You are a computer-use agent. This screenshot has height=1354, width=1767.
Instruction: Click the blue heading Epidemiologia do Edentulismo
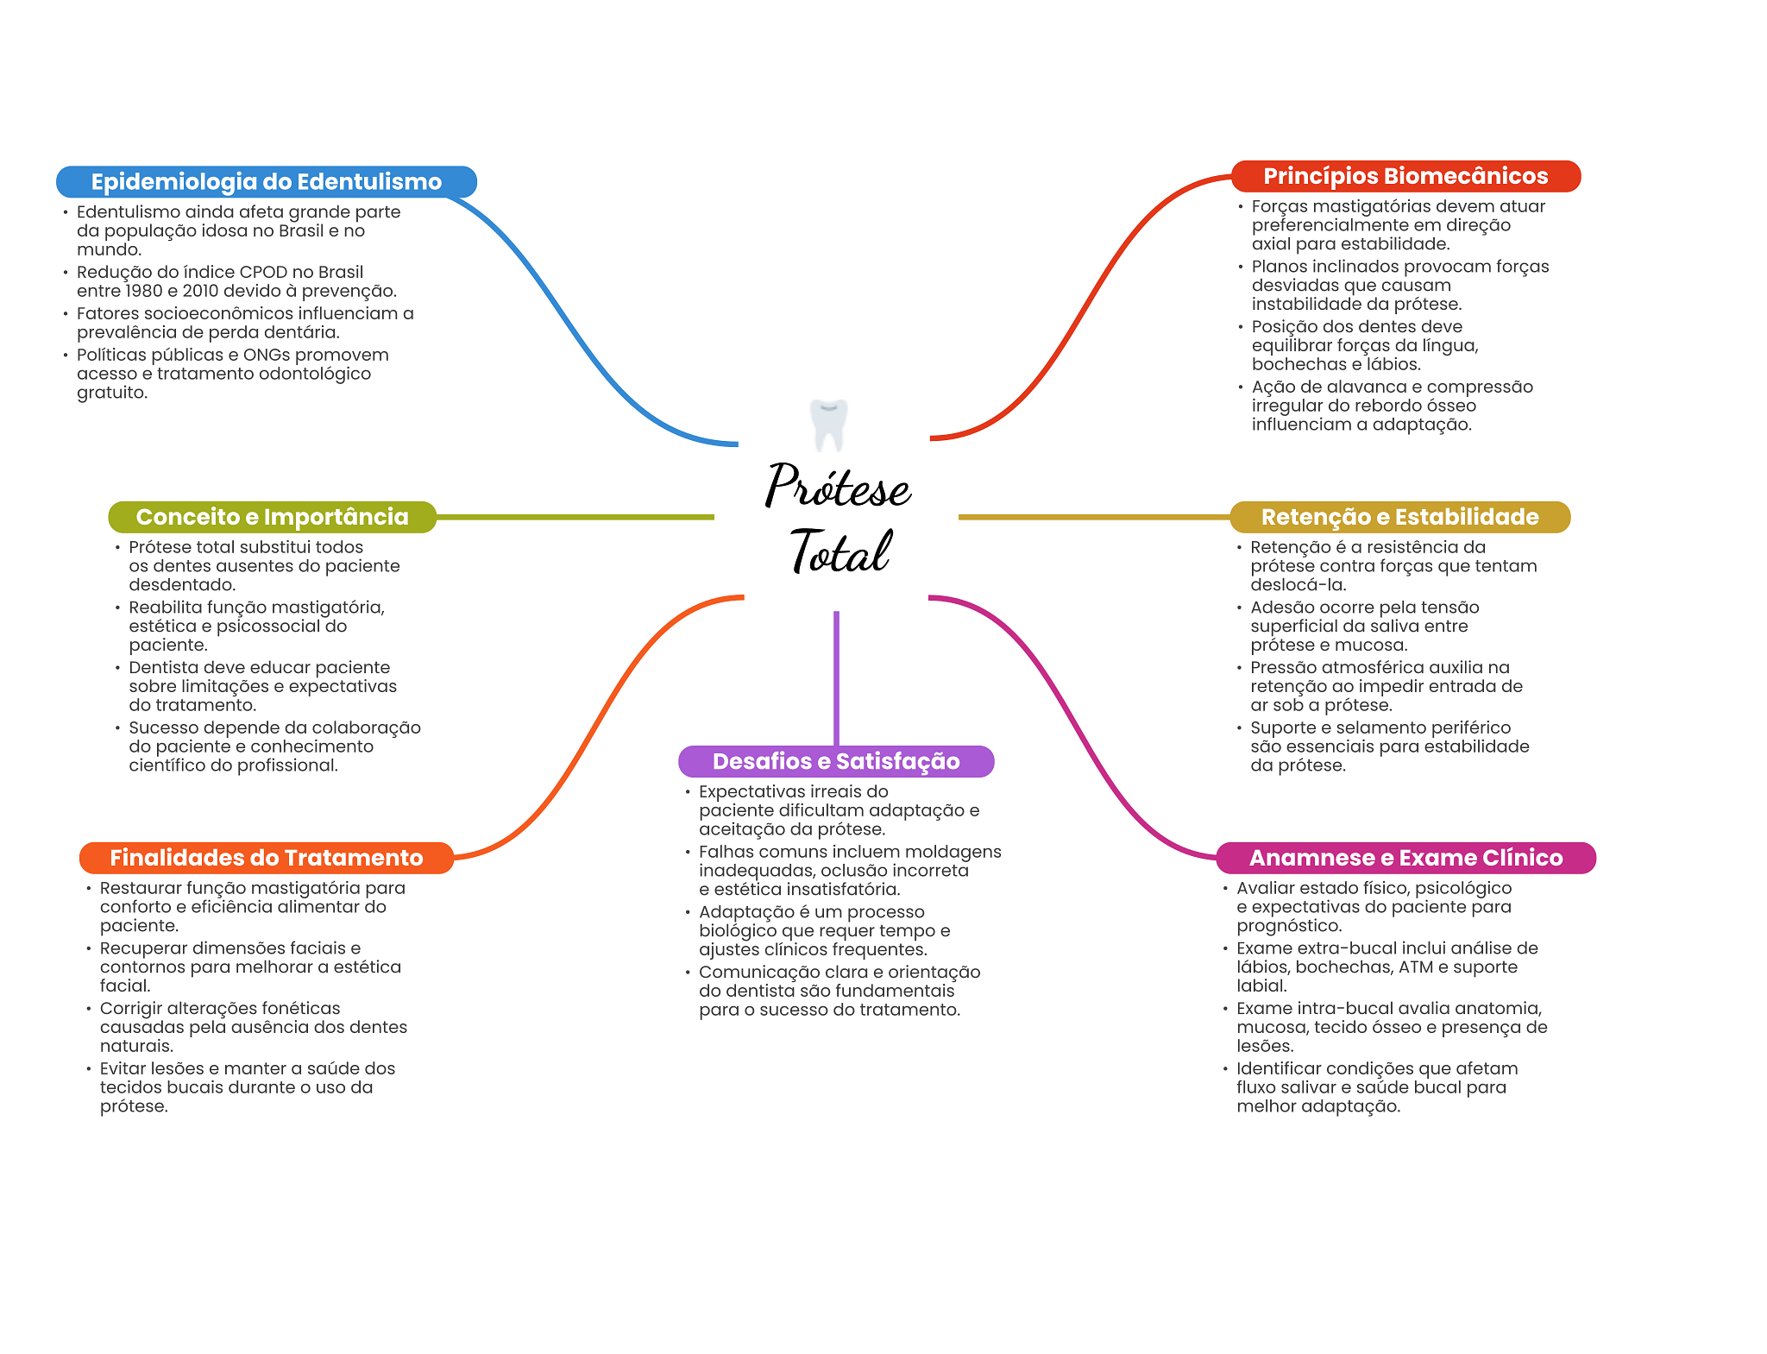click(x=266, y=181)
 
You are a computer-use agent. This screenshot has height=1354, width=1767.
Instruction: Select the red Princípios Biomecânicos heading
click(x=1405, y=176)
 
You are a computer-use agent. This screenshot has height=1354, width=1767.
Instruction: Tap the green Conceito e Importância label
click(x=272, y=517)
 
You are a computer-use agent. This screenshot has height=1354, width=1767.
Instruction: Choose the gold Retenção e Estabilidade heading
click(x=1399, y=517)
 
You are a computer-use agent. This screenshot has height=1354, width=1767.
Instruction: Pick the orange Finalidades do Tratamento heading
click(x=266, y=858)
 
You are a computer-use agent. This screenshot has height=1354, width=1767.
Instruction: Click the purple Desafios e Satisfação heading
click(x=835, y=761)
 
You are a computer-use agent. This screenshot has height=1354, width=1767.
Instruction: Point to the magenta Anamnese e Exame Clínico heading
click(x=1405, y=858)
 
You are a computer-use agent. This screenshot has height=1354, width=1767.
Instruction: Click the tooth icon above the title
click(x=829, y=424)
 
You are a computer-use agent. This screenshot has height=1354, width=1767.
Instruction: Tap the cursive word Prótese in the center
click(x=838, y=488)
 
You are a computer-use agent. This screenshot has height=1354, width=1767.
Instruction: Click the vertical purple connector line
click(x=836, y=677)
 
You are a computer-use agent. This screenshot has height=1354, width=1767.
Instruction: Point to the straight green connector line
click(x=575, y=517)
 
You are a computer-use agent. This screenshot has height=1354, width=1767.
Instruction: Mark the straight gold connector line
click(x=1093, y=517)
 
